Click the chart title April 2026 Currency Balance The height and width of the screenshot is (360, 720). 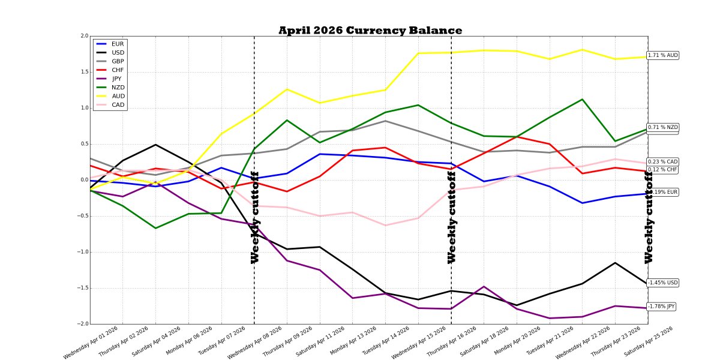point(370,31)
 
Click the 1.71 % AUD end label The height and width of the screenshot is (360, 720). point(663,55)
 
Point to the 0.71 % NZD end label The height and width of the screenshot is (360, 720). point(663,127)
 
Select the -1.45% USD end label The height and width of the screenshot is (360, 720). point(663,283)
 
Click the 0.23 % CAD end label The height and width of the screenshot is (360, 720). point(663,162)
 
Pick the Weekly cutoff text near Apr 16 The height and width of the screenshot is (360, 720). point(452,217)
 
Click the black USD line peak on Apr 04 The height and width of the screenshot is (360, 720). point(155,145)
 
